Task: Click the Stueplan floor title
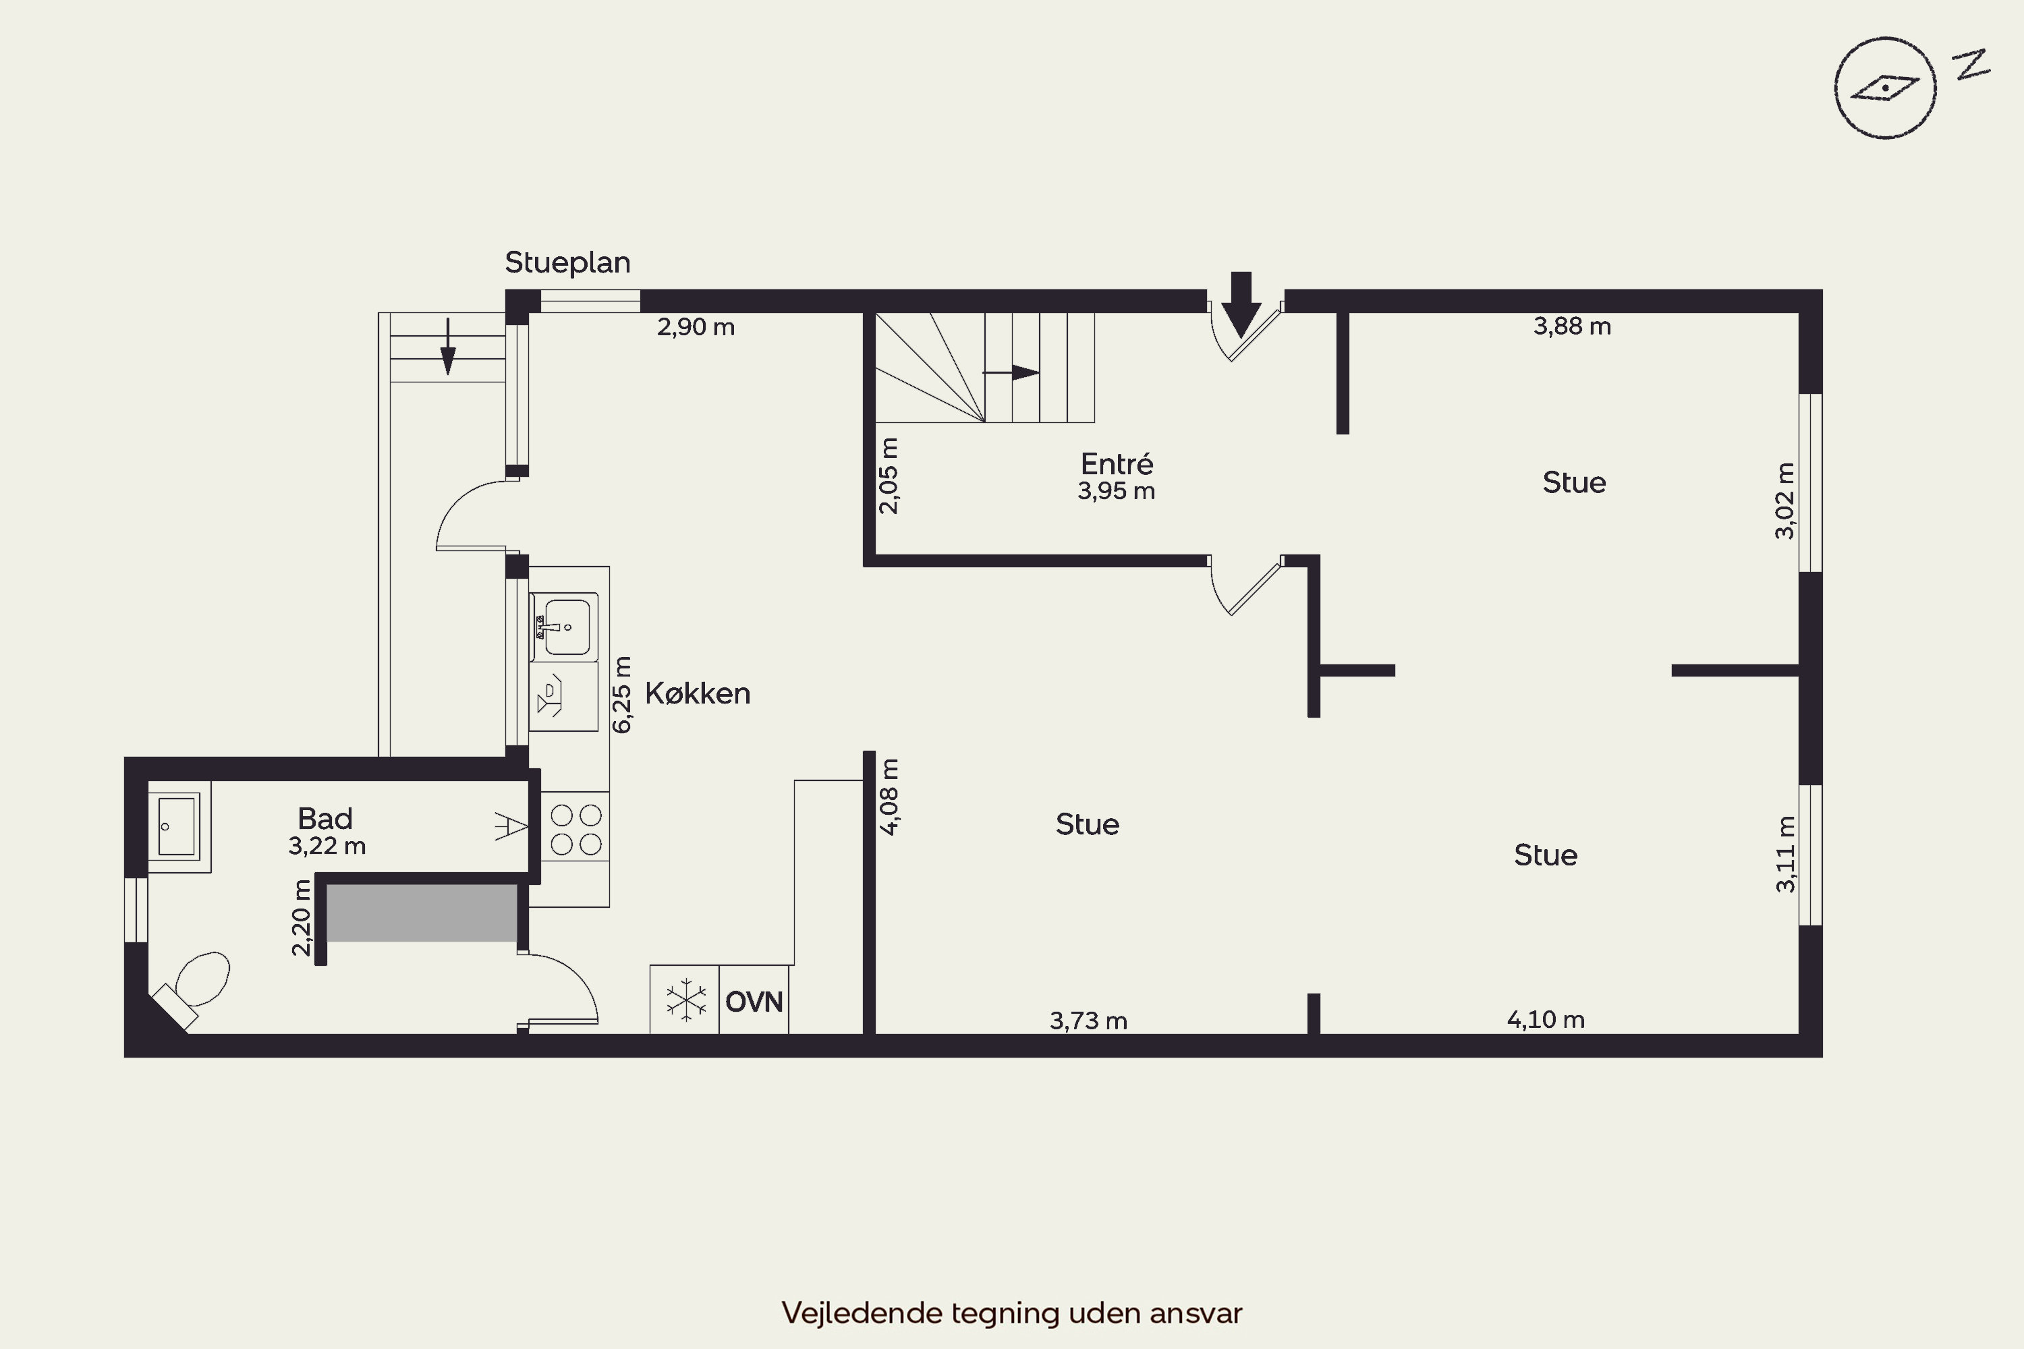(x=567, y=262)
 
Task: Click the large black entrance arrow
(x=1240, y=305)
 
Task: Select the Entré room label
(x=1116, y=465)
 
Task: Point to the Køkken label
(x=697, y=693)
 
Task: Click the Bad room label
(x=325, y=818)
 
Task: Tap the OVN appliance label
(x=754, y=1002)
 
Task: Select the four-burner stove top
(x=575, y=830)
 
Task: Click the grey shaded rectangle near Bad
(x=422, y=913)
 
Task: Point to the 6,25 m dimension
(x=621, y=694)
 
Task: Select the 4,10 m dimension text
(x=1546, y=1019)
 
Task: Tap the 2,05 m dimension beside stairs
(x=888, y=476)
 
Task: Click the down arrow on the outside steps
(x=447, y=347)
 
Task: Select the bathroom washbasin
(x=177, y=826)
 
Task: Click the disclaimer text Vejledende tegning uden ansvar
(x=1011, y=1313)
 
